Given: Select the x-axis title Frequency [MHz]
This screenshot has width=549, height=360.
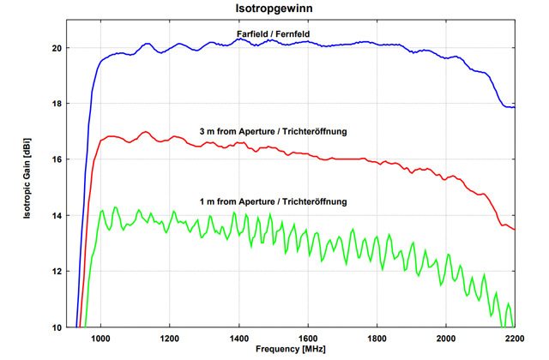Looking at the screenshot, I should (x=291, y=350).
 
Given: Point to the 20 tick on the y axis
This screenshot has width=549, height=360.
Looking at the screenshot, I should (x=57, y=48).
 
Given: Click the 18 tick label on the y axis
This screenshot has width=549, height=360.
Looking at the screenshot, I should (x=57, y=104).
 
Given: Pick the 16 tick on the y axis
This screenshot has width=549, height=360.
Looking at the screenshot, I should (x=57, y=159).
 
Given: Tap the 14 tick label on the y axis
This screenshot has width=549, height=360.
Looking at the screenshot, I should (x=57, y=215).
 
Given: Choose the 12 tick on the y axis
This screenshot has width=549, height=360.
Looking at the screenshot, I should (x=57, y=272).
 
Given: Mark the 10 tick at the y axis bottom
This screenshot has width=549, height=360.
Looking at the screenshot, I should (x=57, y=327).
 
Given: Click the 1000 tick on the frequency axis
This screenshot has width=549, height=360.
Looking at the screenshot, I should (x=101, y=338).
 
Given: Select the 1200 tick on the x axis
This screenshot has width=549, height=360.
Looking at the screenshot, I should (x=170, y=338).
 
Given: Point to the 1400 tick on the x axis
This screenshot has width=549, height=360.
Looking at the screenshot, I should (x=239, y=338).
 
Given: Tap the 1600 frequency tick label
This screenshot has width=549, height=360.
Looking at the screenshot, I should (x=308, y=338).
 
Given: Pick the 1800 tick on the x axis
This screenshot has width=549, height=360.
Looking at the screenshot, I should (x=377, y=338).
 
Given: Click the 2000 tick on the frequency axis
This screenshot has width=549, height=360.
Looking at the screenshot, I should (x=446, y=338).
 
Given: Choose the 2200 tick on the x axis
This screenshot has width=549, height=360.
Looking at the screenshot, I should (x=513, y=338).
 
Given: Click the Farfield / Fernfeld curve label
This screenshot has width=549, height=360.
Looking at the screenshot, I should (x=273, y=33).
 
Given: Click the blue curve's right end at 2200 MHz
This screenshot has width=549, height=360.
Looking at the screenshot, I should (x=514, y=107).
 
